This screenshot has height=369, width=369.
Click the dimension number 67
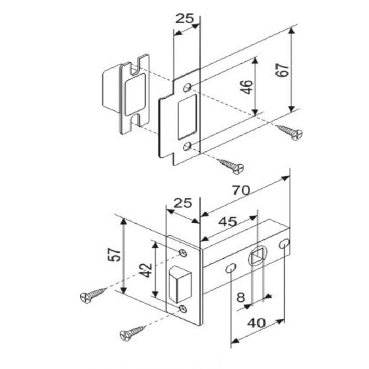point(283,70)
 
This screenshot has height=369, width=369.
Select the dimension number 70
point(241,190)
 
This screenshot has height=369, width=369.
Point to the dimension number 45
point(227,222)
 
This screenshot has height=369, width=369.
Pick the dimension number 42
point(146,270)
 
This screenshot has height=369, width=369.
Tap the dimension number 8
point(240,298)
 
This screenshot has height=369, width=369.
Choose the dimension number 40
point(256,323)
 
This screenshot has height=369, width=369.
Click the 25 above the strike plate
point(185,18)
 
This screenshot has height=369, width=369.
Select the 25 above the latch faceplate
point(183,203)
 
